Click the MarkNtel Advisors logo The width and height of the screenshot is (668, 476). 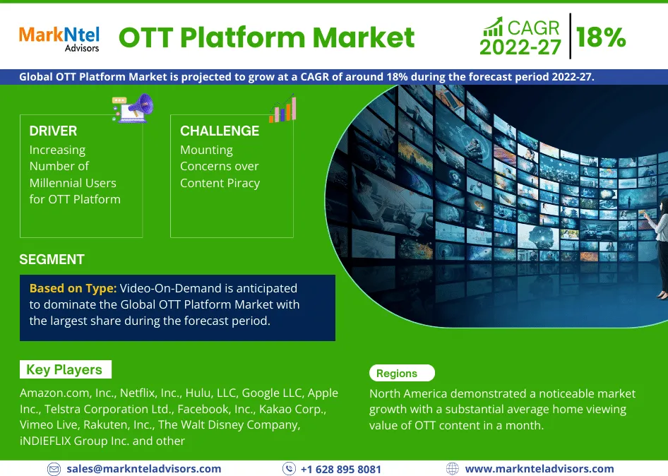(x=59, y=39)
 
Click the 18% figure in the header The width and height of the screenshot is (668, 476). (x=601, y=37)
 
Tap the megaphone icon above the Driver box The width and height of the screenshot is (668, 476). (x=133, y=108)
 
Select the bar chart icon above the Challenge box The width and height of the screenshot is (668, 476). (x=282, y=109)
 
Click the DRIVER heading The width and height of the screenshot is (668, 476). (x=53, y=131)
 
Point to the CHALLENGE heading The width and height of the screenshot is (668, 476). (x=220, y=131)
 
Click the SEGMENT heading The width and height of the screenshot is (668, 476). (x=52, y=259)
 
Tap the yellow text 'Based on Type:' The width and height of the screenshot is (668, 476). (x=73, y=289)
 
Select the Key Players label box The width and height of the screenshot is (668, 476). (x=66, y=369)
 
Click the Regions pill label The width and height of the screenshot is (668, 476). (x=402, y=373)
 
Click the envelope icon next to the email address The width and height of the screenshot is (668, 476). (x=54, y=469)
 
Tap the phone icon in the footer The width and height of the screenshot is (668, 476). (x=289, y=469)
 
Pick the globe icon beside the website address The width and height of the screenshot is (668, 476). (x=453, y=469)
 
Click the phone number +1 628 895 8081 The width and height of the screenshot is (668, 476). (x=341, y=469)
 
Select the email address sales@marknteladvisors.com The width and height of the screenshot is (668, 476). (x=144, y=469)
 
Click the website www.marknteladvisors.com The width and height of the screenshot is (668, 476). (x=539, y=469)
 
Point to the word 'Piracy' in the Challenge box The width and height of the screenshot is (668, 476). (x=243, y=183)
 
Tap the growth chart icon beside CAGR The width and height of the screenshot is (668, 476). (x=493, y=27)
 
